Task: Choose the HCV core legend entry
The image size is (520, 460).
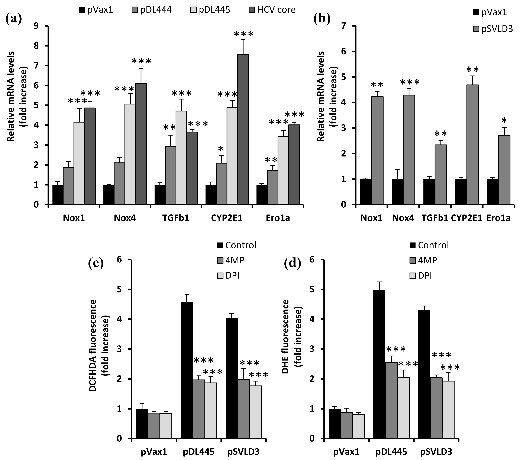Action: click(272, 10)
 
